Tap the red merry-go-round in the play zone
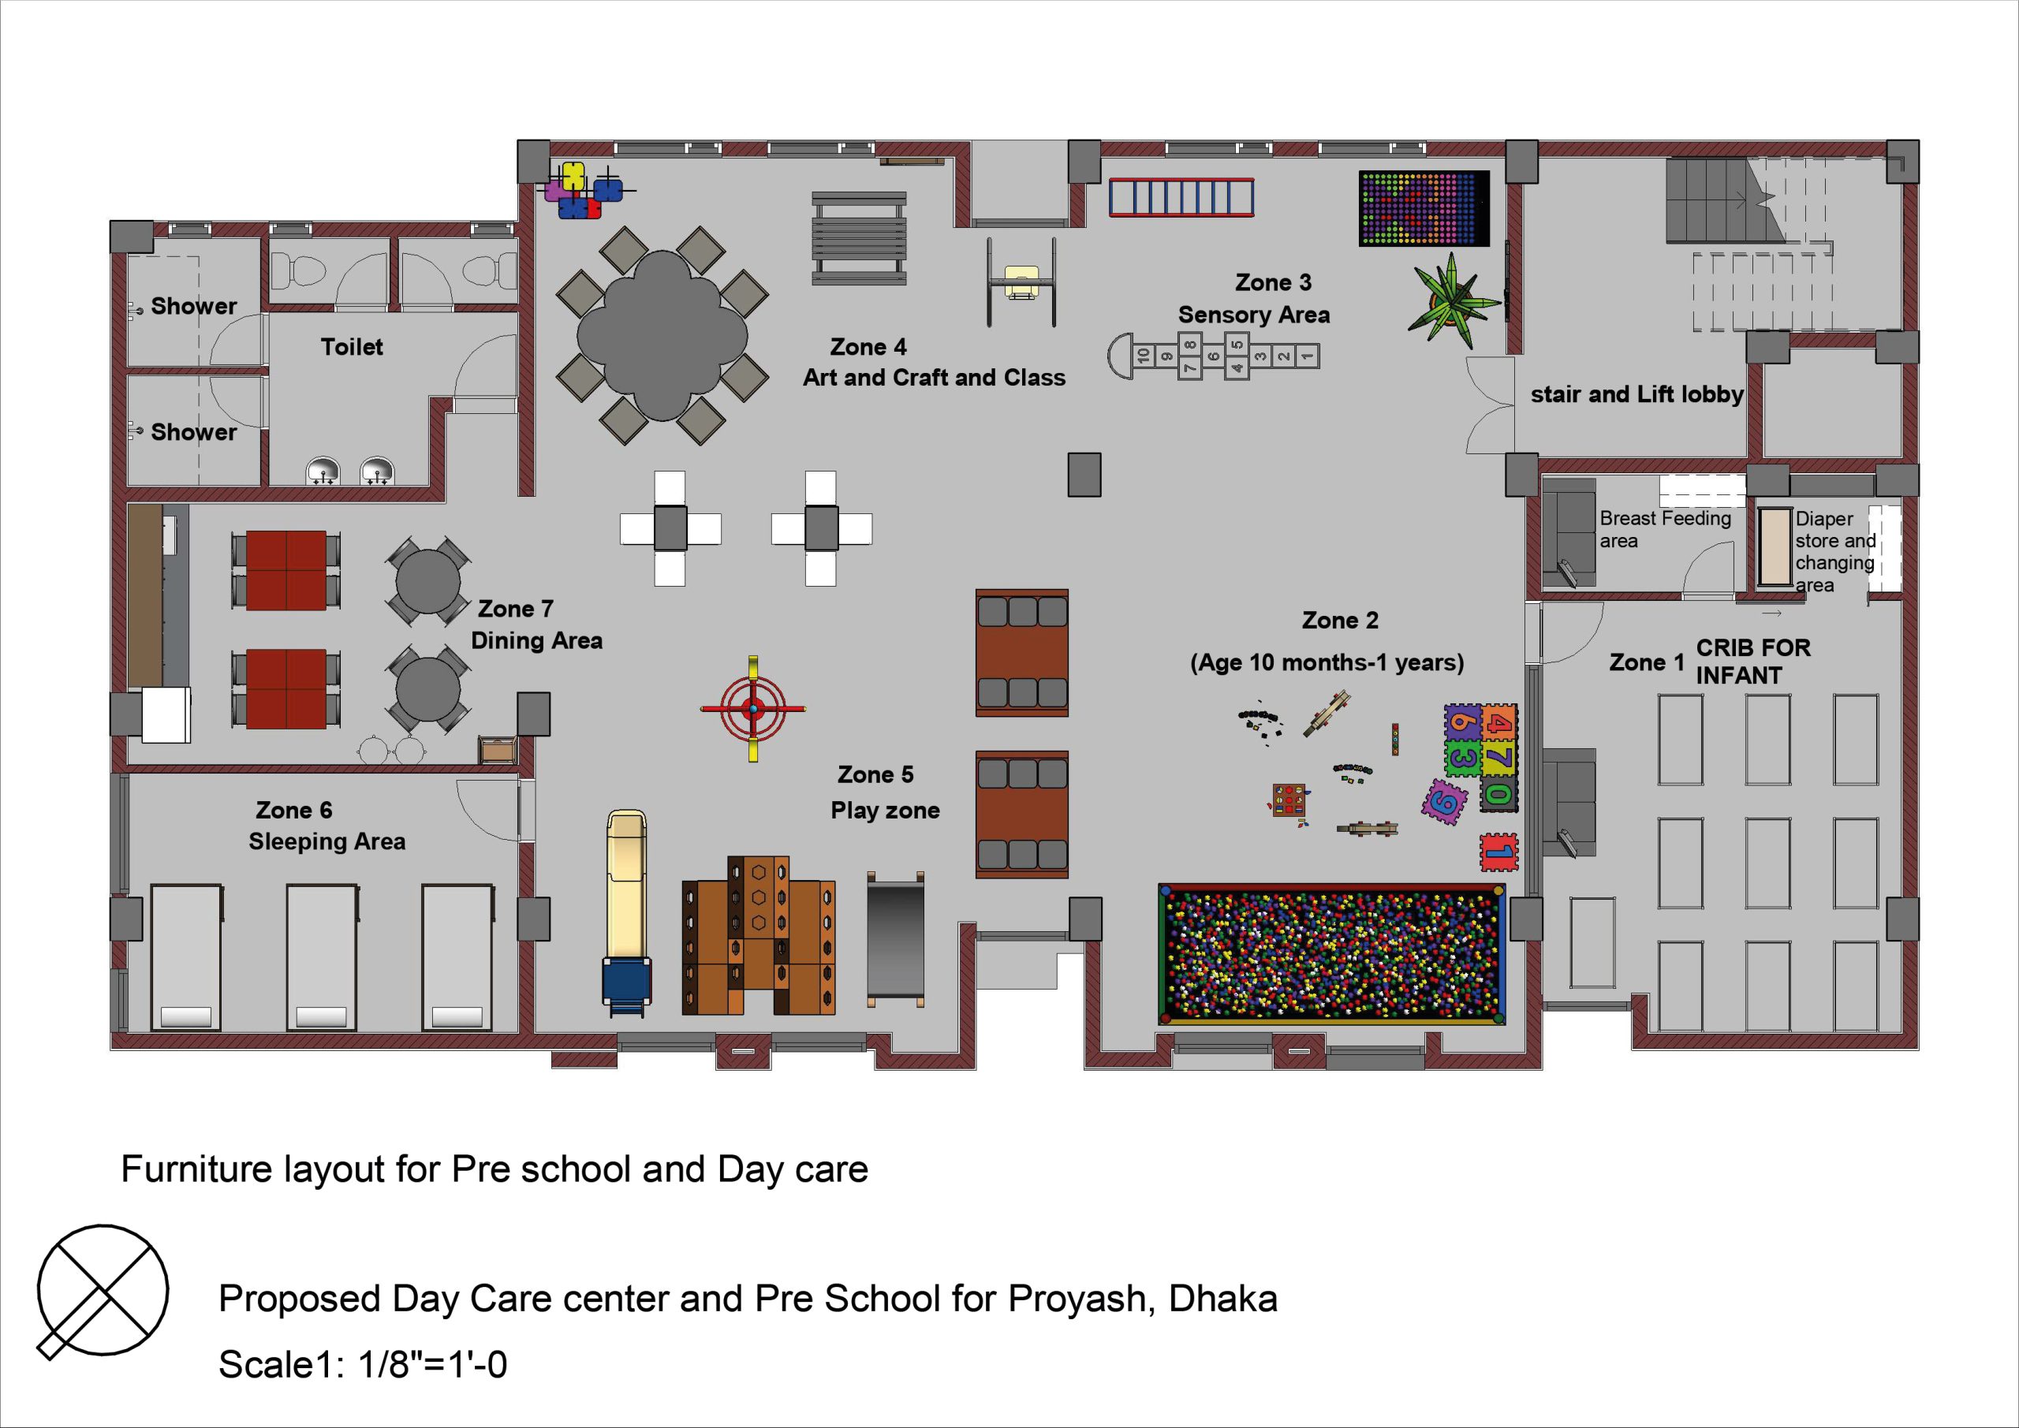click(752, 708)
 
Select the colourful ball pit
click(1332, 954)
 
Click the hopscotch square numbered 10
click(1142, 356)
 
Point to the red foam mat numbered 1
click(1498, 851)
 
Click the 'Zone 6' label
click(293, 810)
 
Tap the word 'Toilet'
click(352, 347)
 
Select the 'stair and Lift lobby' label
click(1636, 394)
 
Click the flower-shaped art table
click(662, 336)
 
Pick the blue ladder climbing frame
click(1181, 197)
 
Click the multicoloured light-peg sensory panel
click(1424, 208)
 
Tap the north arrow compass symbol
click(102, 1291)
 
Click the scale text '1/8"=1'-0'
click(433, 1365)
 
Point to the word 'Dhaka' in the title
click(1223, 1299)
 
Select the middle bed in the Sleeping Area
click(322, 956)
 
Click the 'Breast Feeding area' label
click(1665, 529)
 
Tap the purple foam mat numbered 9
click(1445, 801)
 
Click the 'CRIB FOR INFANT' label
click(1752, 662)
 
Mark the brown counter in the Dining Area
click(146, 595)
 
